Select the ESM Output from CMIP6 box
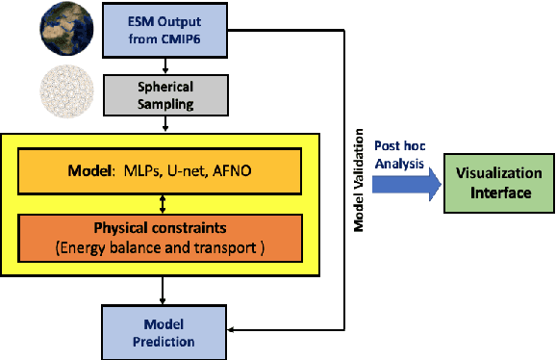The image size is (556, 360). [169, 31]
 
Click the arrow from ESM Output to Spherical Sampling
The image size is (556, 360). [169, 65]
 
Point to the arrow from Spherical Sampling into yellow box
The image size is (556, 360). [169, 125]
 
